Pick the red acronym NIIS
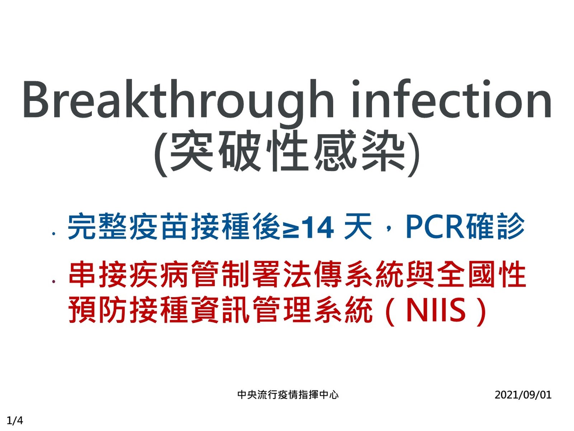point(436,310)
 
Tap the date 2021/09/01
point(523,395)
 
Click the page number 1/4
point(15,421)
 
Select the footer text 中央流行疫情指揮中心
point(288,395)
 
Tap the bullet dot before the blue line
point(54,234)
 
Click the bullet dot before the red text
point(54,282)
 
